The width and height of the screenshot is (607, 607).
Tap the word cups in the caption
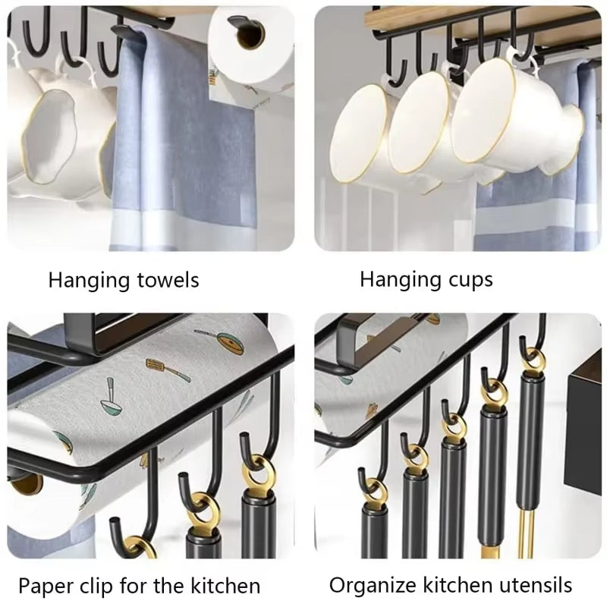465,279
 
